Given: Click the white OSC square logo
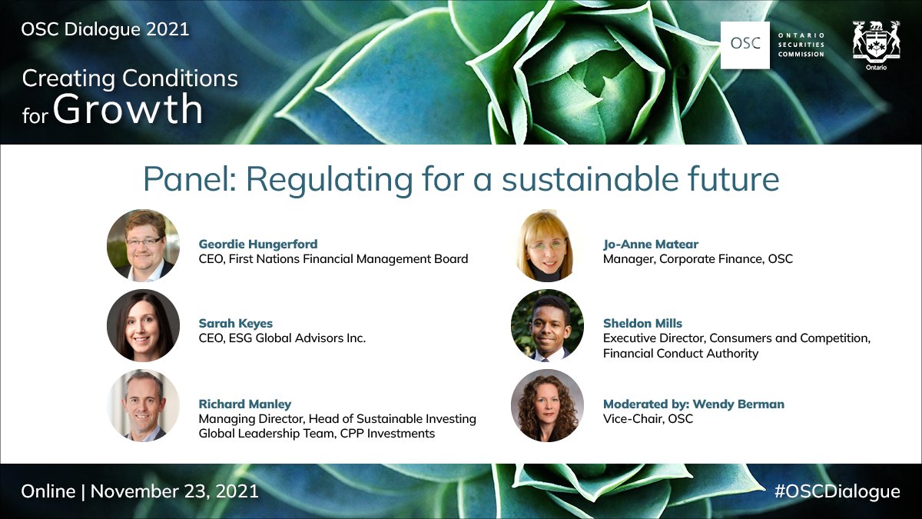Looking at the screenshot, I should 745,45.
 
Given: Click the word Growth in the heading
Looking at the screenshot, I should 128,109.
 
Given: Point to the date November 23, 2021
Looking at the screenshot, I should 174,491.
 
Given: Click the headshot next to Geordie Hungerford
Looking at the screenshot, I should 143,245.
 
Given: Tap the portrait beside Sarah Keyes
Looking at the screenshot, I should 143,325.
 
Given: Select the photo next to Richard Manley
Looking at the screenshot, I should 143,405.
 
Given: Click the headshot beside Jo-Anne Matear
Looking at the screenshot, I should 547,245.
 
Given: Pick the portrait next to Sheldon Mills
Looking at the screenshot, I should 547,325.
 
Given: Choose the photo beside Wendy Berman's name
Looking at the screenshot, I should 547,405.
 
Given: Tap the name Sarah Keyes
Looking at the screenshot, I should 236,324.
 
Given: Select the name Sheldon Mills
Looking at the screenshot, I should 642,324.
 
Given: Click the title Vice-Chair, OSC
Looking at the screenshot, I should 648,419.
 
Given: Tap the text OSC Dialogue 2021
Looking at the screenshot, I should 105,30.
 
